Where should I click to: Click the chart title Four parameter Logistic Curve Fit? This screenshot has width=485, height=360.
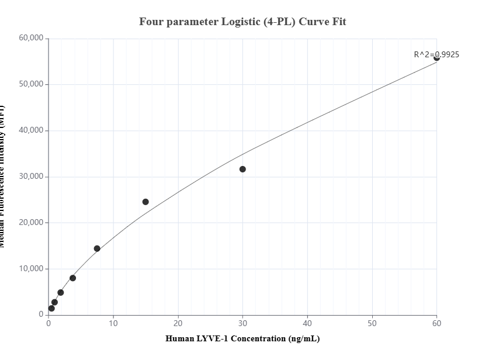click(243, 22)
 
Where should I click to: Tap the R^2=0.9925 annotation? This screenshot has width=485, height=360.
click(436, 54)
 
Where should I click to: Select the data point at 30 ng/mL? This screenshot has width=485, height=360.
click(243, 169)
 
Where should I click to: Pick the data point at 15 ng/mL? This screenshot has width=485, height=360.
click(145, 202)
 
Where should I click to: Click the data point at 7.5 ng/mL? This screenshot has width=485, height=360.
click(97, 248)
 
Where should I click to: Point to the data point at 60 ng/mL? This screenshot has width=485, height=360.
click(437, 58)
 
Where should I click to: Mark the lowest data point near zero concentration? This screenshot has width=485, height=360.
click(51, 308)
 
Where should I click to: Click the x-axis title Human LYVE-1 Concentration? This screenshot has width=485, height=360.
click(243, 338)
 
